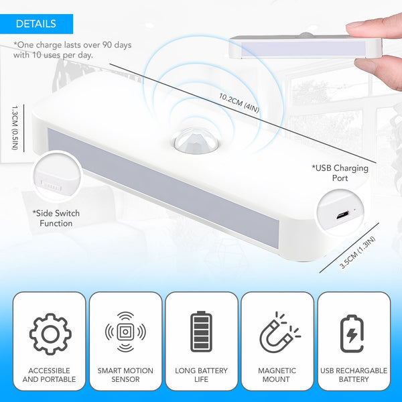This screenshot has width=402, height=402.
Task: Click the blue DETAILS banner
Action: click(36, 24)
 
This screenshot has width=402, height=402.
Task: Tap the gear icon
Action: click(50, 332)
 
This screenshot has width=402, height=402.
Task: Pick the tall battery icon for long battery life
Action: click(201, 331)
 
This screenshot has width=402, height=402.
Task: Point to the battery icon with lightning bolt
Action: click(352, 332)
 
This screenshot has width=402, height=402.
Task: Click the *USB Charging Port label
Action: click(340, 173)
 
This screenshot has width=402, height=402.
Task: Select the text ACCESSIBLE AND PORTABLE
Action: click(50, 375)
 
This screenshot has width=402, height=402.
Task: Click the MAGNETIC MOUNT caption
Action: click(277, 375)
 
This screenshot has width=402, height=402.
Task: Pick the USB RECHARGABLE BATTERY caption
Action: click(352, 375)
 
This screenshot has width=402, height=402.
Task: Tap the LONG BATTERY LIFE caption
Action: click(201, 375)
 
